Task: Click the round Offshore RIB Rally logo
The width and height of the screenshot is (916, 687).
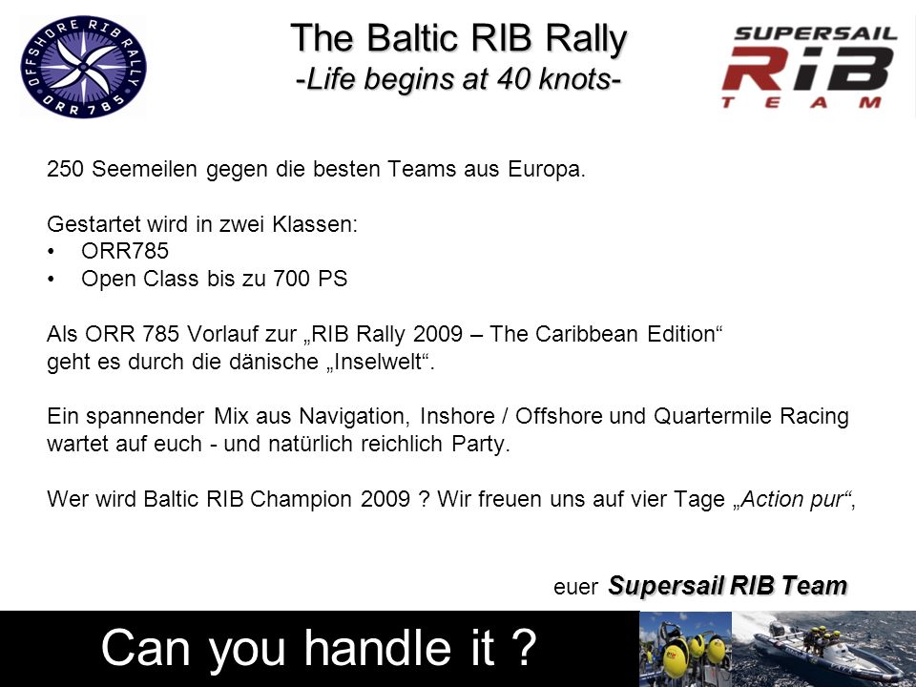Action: pos(83,67)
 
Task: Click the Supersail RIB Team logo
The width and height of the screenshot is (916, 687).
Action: pos(809,67)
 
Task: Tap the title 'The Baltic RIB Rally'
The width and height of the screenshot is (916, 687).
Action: pos(459,38)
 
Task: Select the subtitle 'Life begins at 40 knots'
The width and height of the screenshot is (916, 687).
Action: pos(459,79)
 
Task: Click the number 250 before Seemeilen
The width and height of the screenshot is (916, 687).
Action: pos(66,169)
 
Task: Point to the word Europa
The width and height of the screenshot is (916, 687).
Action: pos(546,170)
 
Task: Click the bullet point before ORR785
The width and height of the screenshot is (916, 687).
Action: pos(52,252)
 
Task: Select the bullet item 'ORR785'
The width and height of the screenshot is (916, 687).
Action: pos(125,251)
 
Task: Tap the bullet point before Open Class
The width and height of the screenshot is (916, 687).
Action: pos(52,280)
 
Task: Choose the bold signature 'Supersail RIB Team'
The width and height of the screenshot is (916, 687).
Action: pos(728,585)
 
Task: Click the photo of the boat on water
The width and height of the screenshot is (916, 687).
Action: pos(823,649)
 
